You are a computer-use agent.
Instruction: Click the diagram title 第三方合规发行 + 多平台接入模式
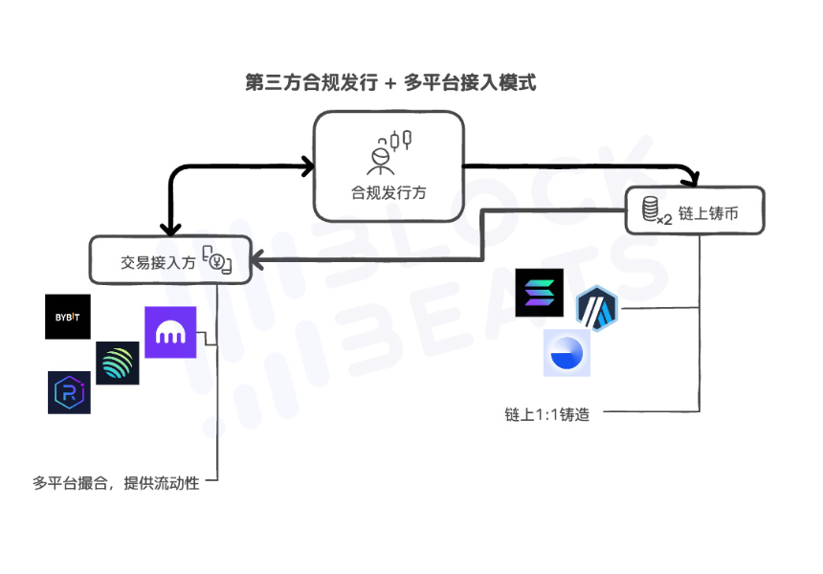click(390, 83)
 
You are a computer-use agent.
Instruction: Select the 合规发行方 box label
click(389, 192)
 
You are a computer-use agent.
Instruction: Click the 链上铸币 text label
click(708, 214)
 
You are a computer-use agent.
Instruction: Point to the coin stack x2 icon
click(654, 210)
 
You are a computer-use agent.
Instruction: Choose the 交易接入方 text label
click(158, 261)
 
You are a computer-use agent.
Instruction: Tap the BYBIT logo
click(68, 317)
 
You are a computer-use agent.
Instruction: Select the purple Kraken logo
click(170, 332)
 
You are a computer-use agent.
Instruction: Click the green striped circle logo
click(117, 364)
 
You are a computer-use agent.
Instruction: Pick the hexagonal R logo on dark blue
click(69, 392)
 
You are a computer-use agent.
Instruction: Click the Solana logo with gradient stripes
click(539, 293)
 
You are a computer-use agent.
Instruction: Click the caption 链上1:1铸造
click(546, 414)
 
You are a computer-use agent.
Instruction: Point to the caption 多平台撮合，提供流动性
click(116, 483)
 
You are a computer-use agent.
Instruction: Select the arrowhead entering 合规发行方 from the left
click(307, 166)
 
